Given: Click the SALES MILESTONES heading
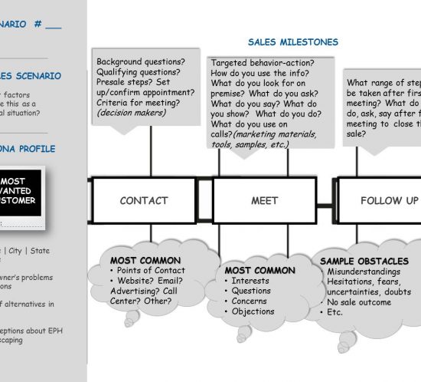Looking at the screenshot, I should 293,42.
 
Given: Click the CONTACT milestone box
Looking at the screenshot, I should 144,200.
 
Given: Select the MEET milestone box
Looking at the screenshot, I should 264,200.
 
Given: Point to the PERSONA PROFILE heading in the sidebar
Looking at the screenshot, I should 27,149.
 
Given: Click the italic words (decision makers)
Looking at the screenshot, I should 131,112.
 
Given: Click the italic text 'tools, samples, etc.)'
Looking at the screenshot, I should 250,143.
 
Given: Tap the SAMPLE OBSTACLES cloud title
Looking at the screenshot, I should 364,262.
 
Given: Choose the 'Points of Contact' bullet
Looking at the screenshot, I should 152,270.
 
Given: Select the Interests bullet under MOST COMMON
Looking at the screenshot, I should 250,281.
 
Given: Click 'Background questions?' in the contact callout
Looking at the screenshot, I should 140,61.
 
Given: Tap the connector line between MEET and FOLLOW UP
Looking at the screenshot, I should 328,205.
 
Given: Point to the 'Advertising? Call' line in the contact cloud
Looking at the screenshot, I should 144,291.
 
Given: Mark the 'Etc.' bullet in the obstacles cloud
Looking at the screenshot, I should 335,313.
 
